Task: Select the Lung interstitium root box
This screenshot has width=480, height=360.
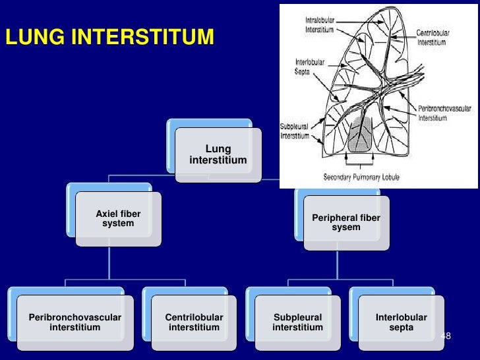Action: click(x=218, y=155)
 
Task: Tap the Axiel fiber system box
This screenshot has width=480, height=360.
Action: click(x=118, y=219)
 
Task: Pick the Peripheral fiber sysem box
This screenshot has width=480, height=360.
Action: click(x=346, y=223)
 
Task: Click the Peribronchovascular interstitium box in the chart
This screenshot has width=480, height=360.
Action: click(x=75, y=322)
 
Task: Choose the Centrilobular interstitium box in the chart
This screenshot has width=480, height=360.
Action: click(x=194, y=322)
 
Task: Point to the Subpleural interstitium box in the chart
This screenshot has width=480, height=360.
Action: click(x=297, y=322)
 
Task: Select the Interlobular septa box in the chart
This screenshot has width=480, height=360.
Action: click(x=402, y=322)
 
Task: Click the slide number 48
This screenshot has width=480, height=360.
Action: click(x=446, y=336)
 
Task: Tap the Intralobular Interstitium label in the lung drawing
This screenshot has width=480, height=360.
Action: click(x=318, y=25)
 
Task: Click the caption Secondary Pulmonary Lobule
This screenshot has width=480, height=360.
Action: click(x=361, y=177)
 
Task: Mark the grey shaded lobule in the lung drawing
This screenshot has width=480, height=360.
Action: click(x=360, y=135)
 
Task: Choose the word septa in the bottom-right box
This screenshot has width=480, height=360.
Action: click(x=402, y=328)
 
